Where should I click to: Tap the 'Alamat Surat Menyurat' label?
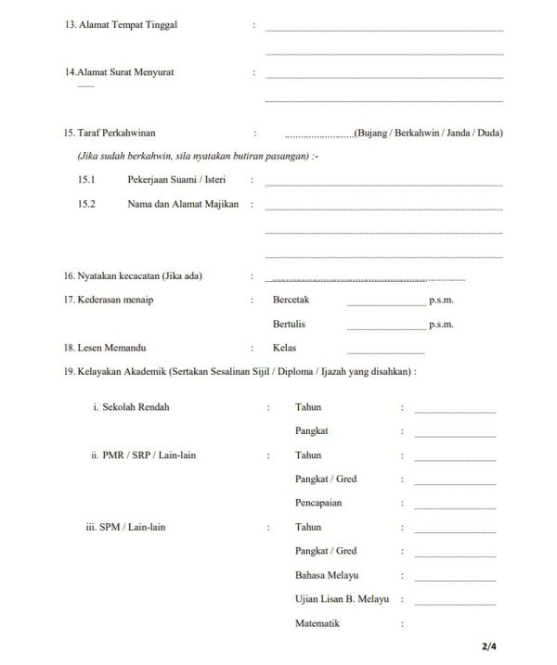coord(126,71)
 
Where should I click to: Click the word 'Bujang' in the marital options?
coord(373,134)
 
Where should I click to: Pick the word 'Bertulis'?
coord(289,325)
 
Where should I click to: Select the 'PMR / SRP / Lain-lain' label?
coord(149,455)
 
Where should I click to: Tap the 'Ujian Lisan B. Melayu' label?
coord(342,599)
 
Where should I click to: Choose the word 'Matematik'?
coord(317,623)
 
